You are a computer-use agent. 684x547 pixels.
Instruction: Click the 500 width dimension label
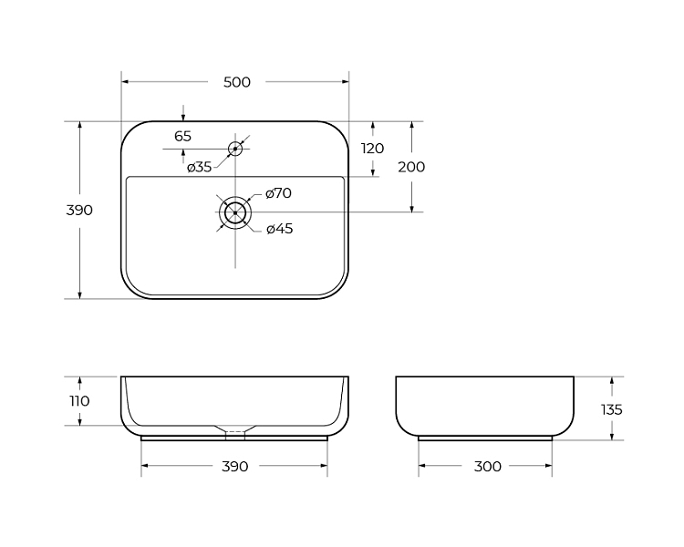pyautogui.click(x=237, y=82)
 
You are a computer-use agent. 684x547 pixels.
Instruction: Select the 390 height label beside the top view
pyautogui.click(x=79, y=211)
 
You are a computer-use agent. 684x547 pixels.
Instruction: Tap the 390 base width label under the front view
pyautogui.click(x=235, y=466)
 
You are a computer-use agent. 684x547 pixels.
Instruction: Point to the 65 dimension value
pyautogui.click(x=182, y=137)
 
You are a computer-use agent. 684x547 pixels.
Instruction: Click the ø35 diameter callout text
pyautogui.click(x=200, y=167)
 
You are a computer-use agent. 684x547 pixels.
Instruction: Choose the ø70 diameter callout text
pyautogui.click(x=278, y=193)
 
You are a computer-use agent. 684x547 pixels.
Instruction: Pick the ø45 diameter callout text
pyautogui.click(x=280, y=229)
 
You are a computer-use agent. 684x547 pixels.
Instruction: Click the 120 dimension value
pyautogui.click(x=372, y=149)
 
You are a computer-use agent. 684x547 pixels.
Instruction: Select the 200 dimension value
pyautogui.click(x=411, y=167)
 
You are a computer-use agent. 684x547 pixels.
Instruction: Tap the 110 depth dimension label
pyautogui.click(x=80, y=401)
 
